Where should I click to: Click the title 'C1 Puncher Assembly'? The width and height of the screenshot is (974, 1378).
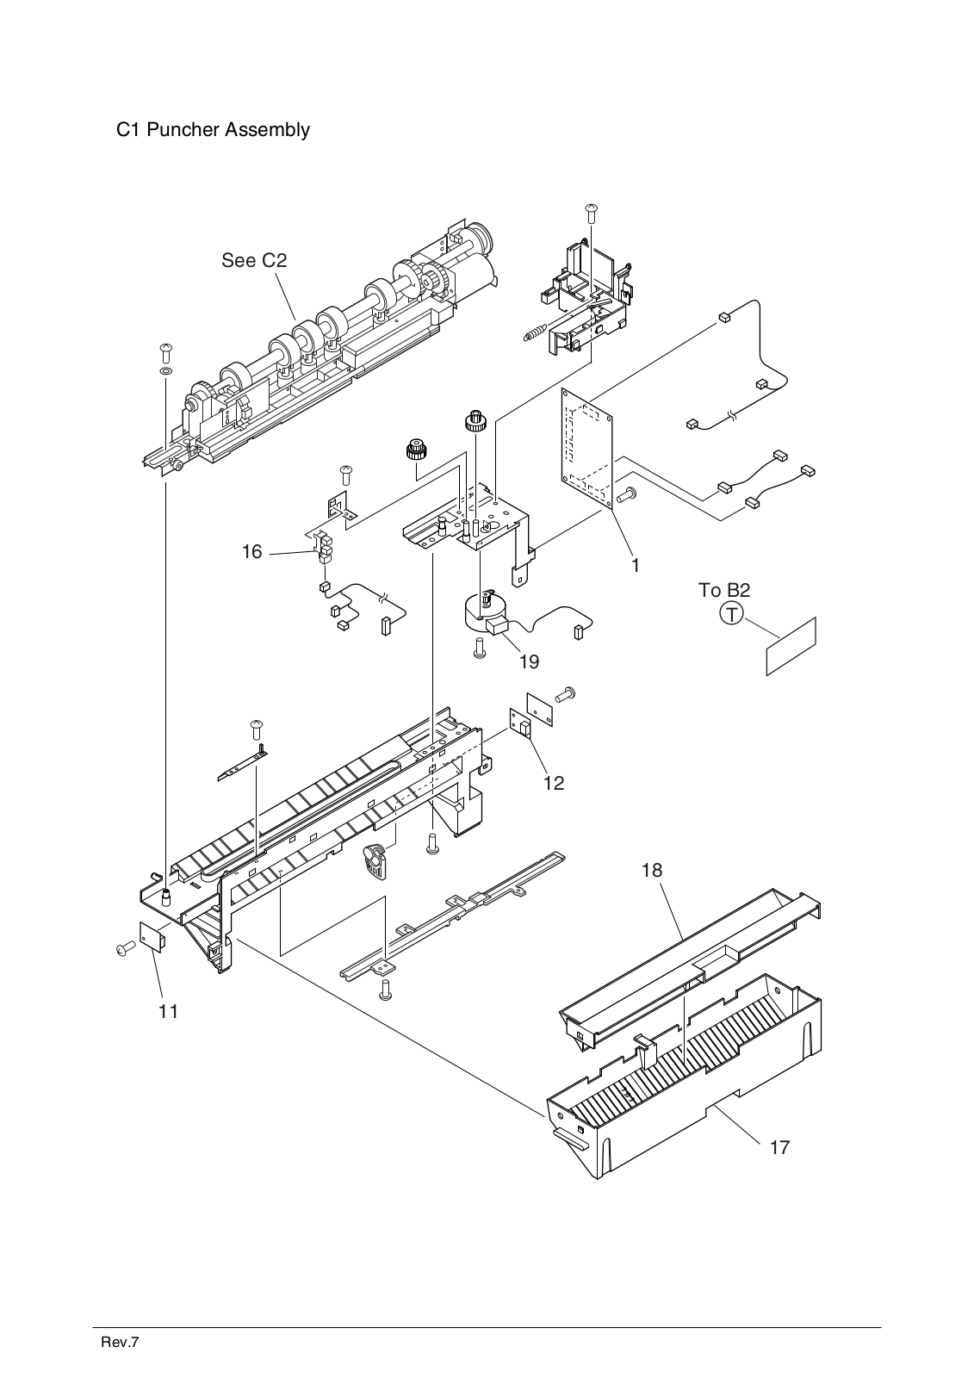[213, 130]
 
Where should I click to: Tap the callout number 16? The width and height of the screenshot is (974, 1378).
[251, 551]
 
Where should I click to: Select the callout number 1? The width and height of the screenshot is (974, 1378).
[635, 566]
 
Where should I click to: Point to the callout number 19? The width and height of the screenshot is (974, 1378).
[529, 661]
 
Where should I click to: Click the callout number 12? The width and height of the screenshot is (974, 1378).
[553, 783]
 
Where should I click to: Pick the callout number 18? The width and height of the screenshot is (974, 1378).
[652, 870]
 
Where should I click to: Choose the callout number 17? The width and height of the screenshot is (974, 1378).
[779, 1147]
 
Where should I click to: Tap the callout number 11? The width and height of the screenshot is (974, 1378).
[169, 1011]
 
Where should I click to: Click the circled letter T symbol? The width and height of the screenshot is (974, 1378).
[731, 614]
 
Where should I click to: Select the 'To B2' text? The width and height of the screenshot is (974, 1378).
[723, 591]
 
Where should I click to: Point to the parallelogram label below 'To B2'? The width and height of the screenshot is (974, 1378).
[791, 646]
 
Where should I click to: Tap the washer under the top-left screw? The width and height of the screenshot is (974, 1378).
[165, 371]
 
